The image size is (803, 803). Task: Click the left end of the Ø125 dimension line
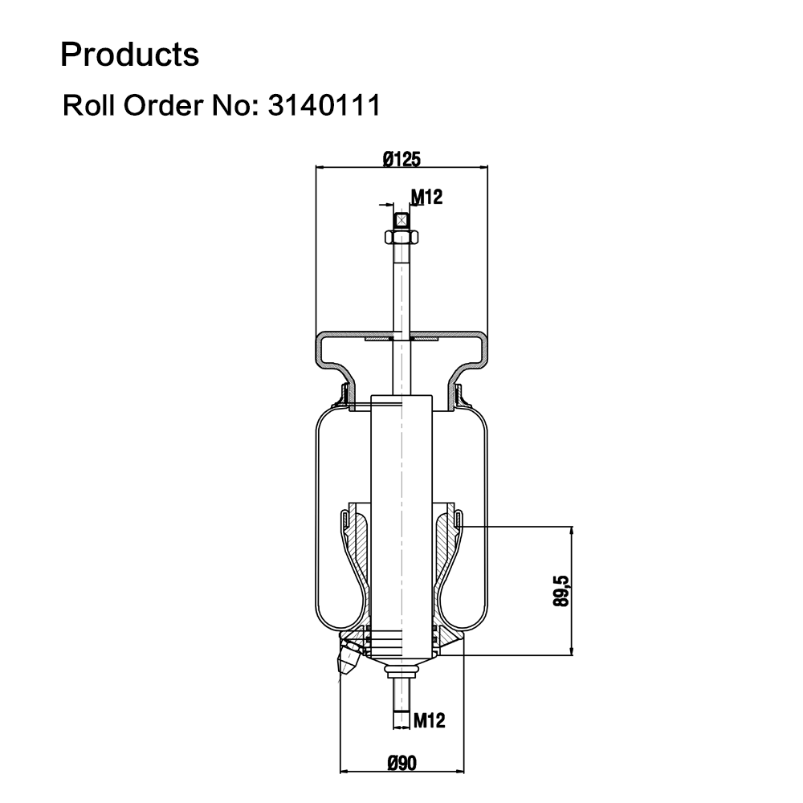316,167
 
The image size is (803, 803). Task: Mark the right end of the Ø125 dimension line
488,167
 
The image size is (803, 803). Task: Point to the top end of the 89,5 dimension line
572,527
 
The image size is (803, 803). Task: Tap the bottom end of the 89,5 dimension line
572,655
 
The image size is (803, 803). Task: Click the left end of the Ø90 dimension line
340,770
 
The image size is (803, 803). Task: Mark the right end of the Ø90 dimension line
464,770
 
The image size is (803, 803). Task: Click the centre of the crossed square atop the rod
401,221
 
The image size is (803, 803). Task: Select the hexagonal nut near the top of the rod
401,237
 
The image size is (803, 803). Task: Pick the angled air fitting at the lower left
349,659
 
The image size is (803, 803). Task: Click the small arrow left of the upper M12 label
385,205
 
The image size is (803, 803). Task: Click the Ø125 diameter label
401,159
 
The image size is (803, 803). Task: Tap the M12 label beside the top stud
426,197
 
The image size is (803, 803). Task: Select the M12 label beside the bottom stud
429,720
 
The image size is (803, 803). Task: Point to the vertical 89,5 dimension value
561,591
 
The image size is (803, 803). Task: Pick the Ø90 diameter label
402,763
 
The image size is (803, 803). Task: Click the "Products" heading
129,55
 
